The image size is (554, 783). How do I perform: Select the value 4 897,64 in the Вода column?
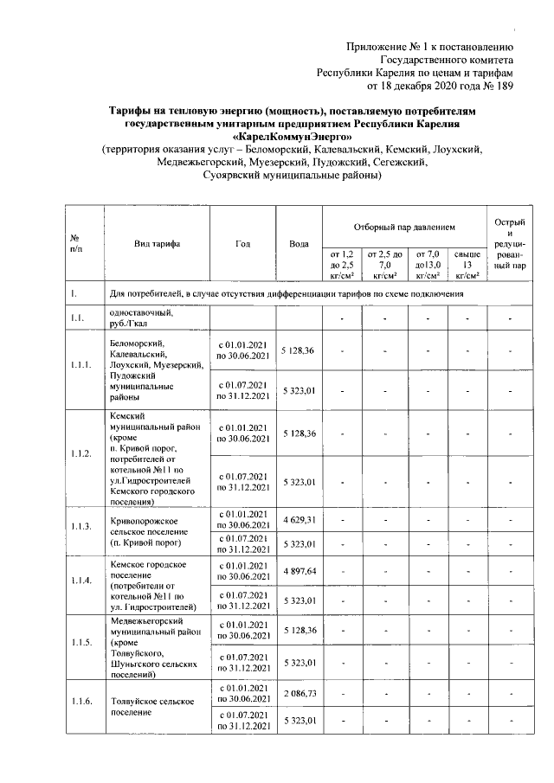pos(298,571)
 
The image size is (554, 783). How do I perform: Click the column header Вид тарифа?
pos(157,244)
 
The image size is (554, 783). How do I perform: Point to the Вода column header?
pos(299,244)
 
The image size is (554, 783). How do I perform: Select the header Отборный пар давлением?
pos(403,227)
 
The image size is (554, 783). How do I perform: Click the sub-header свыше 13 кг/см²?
pos(467,264)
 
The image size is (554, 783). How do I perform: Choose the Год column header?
pos(242,244)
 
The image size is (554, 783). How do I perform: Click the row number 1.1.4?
pos(82,581)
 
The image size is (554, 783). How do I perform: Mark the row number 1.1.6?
pos(82,703)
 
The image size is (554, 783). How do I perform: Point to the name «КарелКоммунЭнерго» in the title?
pos(293,137)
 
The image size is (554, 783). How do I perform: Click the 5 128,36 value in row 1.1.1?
pos(298,350)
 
